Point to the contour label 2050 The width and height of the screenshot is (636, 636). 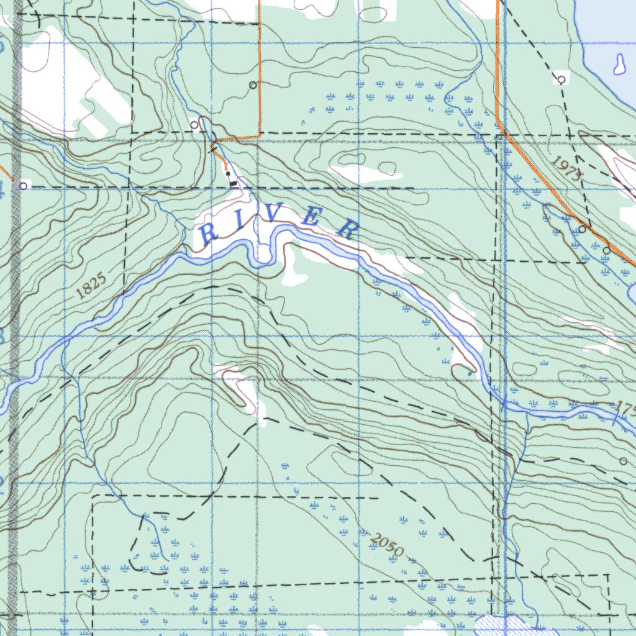pyautogui.click(x=386, y=545)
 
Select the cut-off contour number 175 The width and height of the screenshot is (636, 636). pyautogui.click(x=625, y=409)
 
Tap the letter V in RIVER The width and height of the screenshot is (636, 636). pyautogui.click(x=274, y=214)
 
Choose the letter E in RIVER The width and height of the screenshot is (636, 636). pyautogui.click(x=312, y=217)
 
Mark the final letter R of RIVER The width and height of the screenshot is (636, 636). pyautogui.click(x=348, y=229)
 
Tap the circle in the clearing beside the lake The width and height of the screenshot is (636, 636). pyautogui.click(x=561, y=79)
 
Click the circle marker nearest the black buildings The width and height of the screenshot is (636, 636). pyautogui.click(x=194, y=125)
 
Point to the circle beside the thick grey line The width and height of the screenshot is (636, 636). pyautogui.click(x=23, y=186)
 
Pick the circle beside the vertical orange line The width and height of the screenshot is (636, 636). pyautogui.click(x=252, y=84)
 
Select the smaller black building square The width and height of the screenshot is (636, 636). pyautogui.click(x=227, y=173)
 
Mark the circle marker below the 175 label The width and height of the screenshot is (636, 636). pyautogui.click(x=624, y=461)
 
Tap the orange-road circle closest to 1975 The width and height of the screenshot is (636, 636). pyautogui.click(x=582, y=229)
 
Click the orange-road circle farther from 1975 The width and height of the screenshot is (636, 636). pyautogui.click(x=606, y=251)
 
